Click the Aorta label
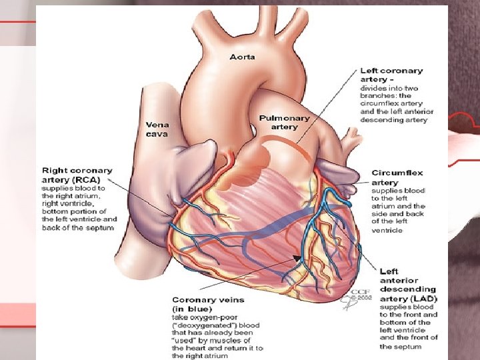click(242, 57)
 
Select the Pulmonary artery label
click(284, 122)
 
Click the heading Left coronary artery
click(391, 75)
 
